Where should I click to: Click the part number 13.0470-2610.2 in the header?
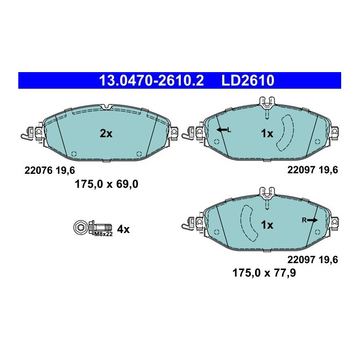(x=151, y=81)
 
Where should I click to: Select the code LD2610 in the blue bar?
(x=248, y=81)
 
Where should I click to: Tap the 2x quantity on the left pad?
(x=106, y=134)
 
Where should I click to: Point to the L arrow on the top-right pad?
(x=223, y=130)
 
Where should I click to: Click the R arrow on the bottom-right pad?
(x=310, y=220)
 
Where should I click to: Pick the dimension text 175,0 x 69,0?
(x=106, y=184)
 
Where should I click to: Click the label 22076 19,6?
(x=50, y=170)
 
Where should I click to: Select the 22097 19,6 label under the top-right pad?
(x=313, y=170)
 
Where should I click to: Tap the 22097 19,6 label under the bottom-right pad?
(x=313, y=259)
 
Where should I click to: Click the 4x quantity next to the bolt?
(x=123, y=229)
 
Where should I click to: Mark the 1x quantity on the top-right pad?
(x=267, y=133)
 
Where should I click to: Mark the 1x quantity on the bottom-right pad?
(x=267, y=224)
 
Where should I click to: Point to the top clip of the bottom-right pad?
(x=267, y=190)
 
